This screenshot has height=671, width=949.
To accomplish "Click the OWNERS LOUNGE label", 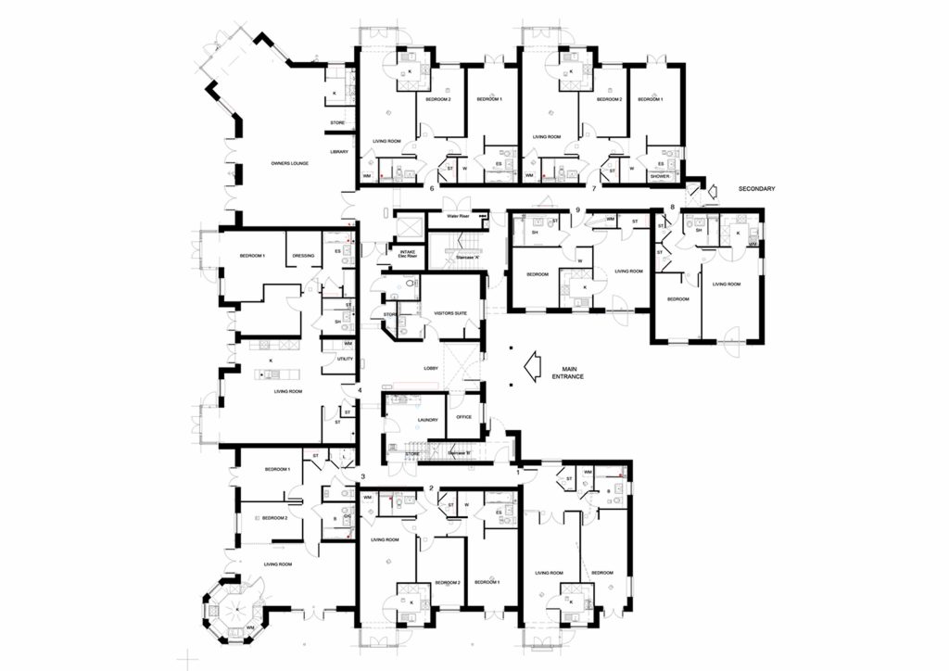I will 289,163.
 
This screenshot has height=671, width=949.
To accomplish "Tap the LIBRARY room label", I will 339,151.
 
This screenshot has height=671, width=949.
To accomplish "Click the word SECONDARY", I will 756,189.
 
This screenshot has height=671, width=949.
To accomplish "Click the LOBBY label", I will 431,368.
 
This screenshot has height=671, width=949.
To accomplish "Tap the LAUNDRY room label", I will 427,420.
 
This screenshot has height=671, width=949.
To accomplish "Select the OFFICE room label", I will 464,417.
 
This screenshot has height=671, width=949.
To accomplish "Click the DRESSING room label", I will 303,256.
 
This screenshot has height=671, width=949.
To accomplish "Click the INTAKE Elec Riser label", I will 407,253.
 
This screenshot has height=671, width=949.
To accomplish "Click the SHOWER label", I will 660,175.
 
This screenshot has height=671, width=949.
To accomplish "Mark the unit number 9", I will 577,209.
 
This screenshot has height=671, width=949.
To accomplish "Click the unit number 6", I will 432,188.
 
